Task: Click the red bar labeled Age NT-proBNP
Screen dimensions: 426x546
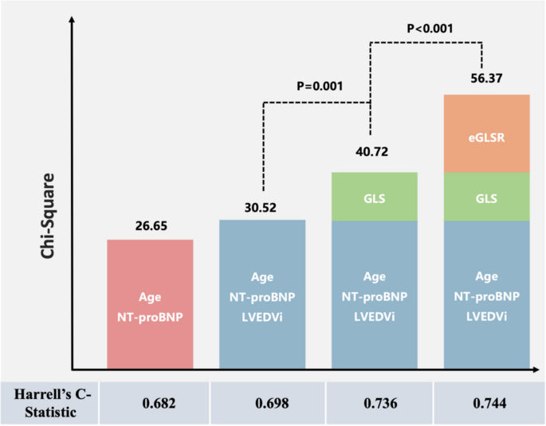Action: coord(150,304)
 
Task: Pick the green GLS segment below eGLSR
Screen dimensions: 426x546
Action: coord(486,196)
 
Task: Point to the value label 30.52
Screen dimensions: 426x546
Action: coord(262,209)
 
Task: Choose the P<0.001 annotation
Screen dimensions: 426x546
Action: coord(430,29)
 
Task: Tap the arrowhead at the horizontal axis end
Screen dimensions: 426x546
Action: coord(536,369)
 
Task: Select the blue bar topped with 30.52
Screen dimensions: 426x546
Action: coord(262,295)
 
